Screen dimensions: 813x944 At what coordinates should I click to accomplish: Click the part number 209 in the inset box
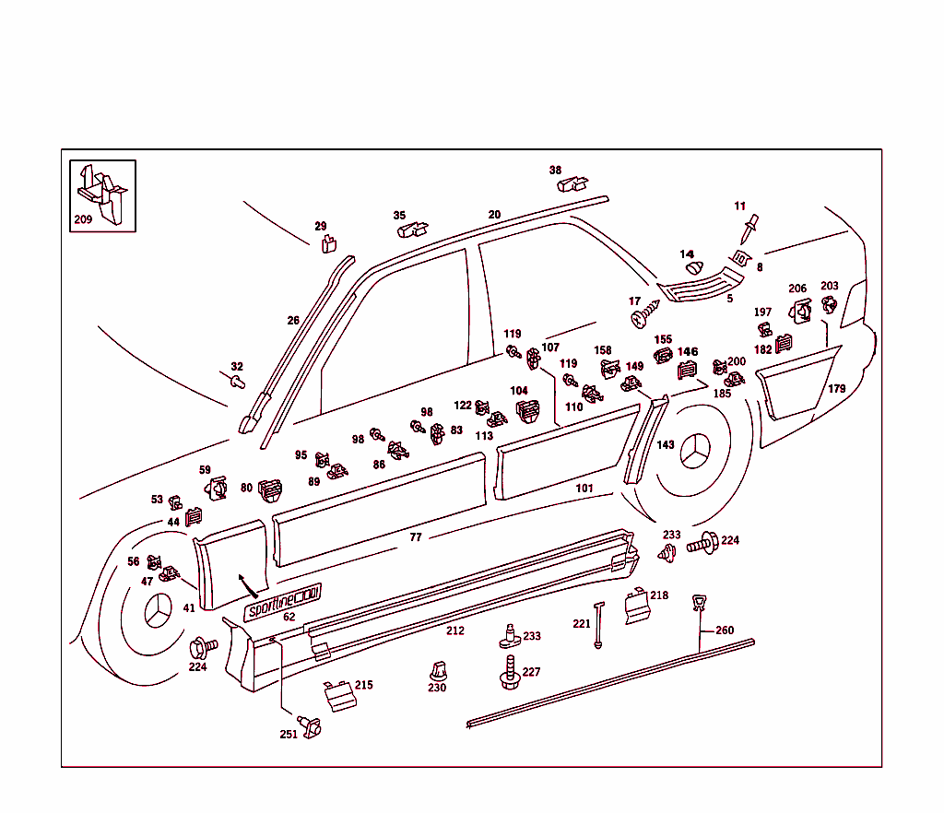pyautogui.click(x=83, y=220)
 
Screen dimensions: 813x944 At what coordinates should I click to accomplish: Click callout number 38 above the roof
pyautogui.click(x=555, y=171)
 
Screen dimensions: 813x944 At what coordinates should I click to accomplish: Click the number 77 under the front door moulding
pyautogui.click(x=415, y=536)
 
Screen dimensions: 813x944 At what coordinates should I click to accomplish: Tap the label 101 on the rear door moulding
pyautogui.click(x=584, y=488)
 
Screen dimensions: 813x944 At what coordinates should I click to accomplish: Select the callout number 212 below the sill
pyautogui.click(x=455, y=631)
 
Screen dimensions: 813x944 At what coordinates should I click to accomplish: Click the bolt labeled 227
pyautogui.click(x=506, y=672)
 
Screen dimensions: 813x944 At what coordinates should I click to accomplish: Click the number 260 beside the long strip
pyautogui.click(x=725, y=630)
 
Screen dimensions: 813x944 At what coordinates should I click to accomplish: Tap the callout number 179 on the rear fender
pyautogui.click(x=836, y=389)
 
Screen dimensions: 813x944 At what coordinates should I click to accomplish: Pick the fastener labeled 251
pyautogui.click(x=311, y=725)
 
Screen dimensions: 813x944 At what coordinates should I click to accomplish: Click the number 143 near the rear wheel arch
pyautogui.click(x=666, y=444)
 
